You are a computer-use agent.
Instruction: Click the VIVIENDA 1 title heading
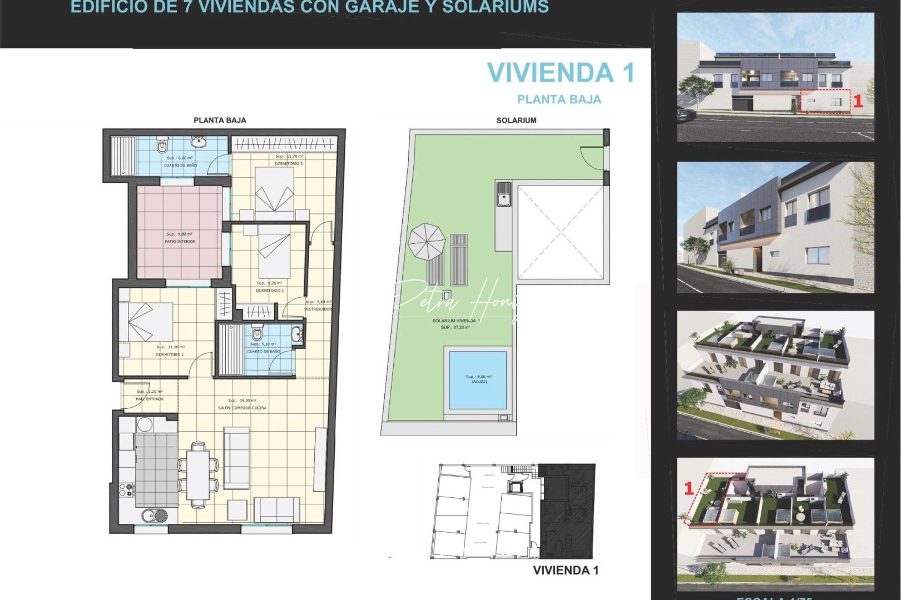[561, 73]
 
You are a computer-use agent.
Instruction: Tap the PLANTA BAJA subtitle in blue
[559, 99]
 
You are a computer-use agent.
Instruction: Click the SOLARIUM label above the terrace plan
[516, 120]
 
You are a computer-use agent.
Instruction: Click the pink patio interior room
[180, 232]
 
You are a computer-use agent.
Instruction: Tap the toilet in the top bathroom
[162, 146]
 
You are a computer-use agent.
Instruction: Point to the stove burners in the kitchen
[126, 489]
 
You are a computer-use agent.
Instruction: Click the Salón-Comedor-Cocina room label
[242, 404]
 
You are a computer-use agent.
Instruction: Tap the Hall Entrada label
[150, 395]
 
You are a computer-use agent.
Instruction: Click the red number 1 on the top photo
[858, 101]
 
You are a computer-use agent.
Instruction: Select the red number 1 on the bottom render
[689, 488]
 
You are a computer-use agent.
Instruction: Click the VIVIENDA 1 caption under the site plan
[566, 571]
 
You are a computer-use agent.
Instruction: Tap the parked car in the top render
[686, 114]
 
